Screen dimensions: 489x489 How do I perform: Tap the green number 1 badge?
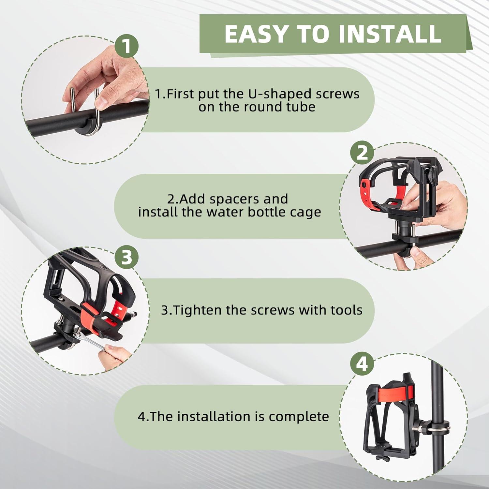[x=127, y=46]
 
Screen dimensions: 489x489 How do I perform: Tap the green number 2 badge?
[x=362, y=153]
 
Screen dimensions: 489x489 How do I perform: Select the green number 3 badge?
[x=127, y=258]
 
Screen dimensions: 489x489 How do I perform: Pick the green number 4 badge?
[x=362, y=364]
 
